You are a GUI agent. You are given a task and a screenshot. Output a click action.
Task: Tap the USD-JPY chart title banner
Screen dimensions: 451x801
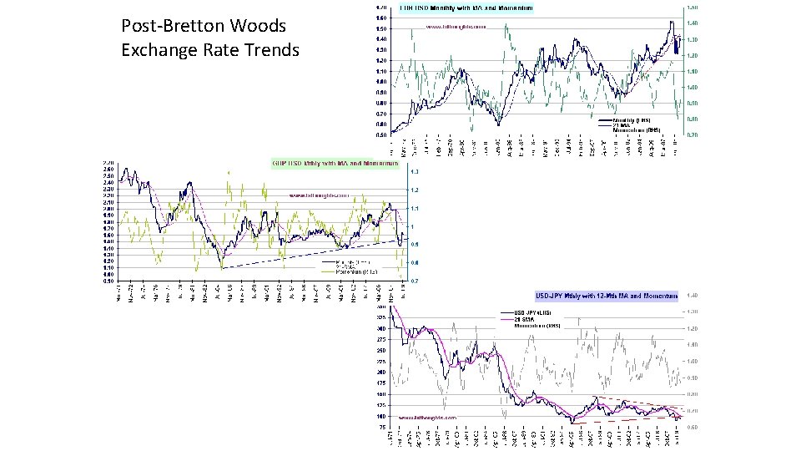tap(606, 296)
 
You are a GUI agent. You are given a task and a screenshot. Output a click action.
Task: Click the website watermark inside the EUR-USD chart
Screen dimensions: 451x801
tap(456, 27)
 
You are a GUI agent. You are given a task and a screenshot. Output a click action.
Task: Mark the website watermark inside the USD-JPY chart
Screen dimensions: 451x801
tap(428, 417)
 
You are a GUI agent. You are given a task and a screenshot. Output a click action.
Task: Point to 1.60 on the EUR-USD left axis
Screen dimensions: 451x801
tap(380, 18)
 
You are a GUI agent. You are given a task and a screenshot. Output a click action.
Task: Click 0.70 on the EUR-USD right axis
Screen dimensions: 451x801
tap(692, 134)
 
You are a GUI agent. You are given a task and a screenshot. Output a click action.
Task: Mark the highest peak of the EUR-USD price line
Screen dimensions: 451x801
tap(671, 21)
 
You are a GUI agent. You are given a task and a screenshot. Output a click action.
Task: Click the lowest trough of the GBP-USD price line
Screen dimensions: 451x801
tap(222, 267)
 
